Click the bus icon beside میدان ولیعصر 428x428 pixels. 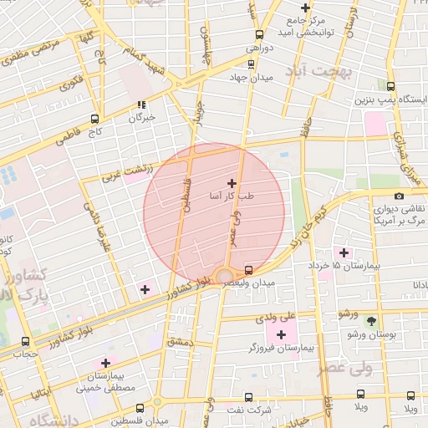pyautogui.click(x=249, y=270)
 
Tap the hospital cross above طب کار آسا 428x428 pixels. pyautogui.click(x=232, y=182)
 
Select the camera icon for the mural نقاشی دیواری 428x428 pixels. pyautogui.click(x=399, y=196)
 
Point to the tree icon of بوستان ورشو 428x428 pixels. pyautogui.click(x=372, y=320)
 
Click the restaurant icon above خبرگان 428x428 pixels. pyautogui.click(x=140, y=105)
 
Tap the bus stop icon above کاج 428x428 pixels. pyautogui.click(x=94, y=118)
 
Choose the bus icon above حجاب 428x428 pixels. pyautogui.click(x=25, y=341)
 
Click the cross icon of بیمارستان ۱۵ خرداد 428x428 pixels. pyautogui.click(x=343, y=252)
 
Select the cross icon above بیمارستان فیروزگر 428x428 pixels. pyautogui.click(x=281, y=334)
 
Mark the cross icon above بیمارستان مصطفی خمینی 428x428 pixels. pyautogui.click(x=105, y=363)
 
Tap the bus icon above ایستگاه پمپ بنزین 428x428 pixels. pyautogui.click(x=391, y=86)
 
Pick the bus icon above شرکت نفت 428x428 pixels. pyautogui.click(x=247, y=396)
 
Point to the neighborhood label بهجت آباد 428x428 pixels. pyautogui.click(x=322, y=72)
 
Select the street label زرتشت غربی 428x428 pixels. pyautogui.click(x=127, y=171)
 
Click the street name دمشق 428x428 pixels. pyautogui.click(x=179, y=341)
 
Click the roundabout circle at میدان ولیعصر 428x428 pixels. pyautogui.click(x=223, y=276)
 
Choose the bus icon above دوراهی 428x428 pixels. pyautogui.click(x=259, y=35)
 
